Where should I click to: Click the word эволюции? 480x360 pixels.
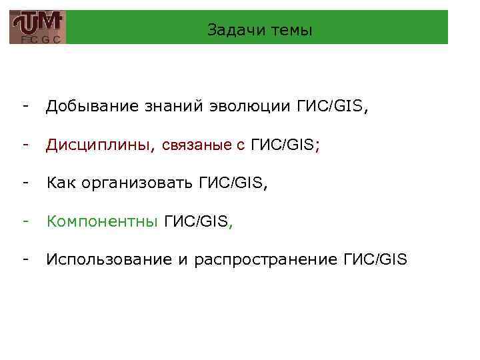[248, 107]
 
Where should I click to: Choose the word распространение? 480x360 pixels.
[266, 259]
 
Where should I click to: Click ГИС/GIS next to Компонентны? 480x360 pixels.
[195, 221]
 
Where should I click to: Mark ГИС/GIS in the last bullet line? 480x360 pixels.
[374, 259]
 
